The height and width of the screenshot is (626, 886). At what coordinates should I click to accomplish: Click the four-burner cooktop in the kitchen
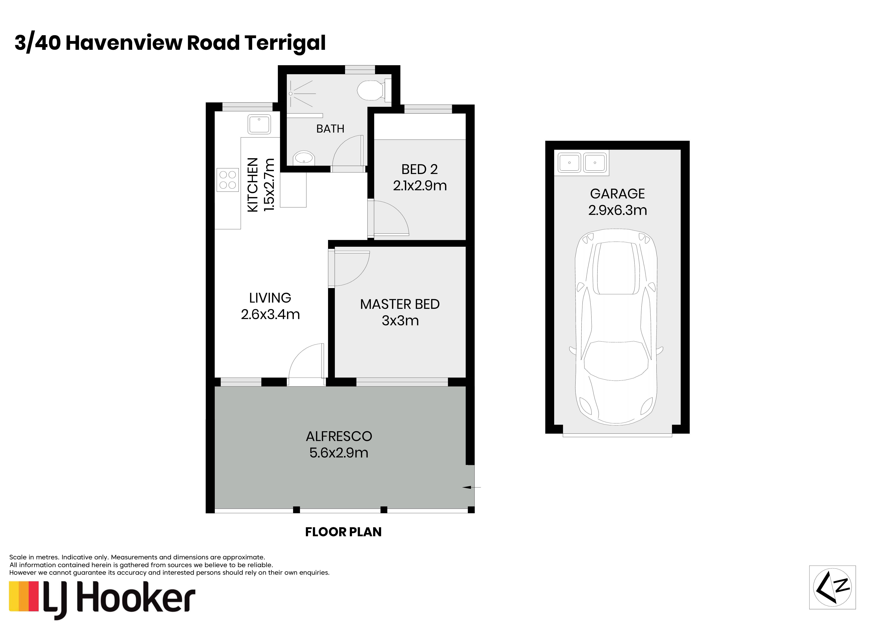click(x=228, y=180)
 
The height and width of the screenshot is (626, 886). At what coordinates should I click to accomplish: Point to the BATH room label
click(x=330, y=129)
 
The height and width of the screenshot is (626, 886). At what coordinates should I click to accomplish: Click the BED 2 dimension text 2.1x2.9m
click(x=420, y=186)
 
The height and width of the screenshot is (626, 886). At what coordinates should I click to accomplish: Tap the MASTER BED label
click(x=400, y=304)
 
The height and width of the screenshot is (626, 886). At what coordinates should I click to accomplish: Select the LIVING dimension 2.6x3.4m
click(x=270, y=314)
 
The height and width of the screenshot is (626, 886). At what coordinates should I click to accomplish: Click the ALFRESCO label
click(x=339, y=436)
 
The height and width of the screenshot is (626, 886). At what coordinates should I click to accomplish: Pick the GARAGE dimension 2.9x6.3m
click(x=617, y=210)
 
